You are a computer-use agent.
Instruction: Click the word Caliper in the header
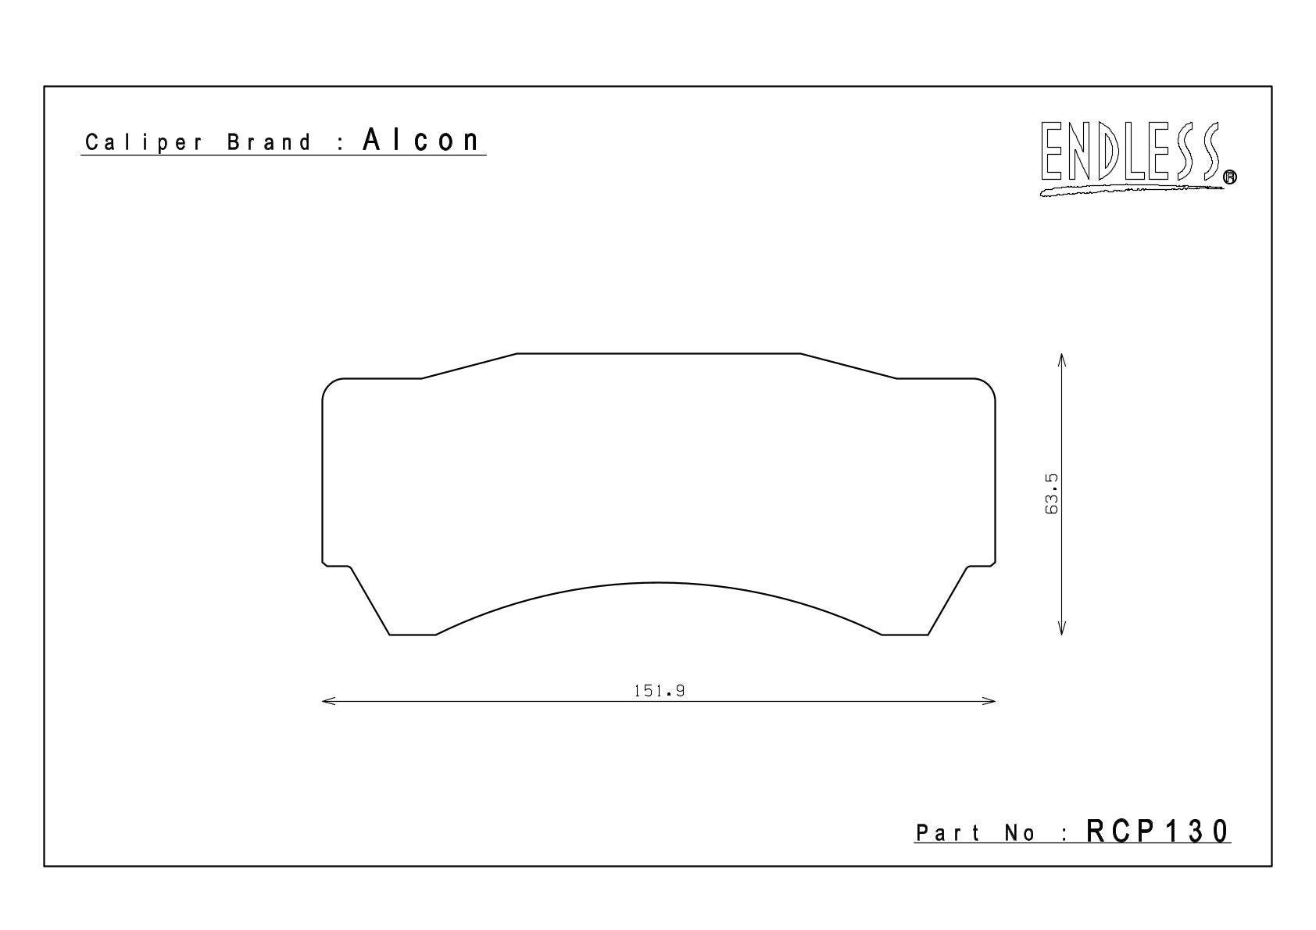click(x=144, y=143)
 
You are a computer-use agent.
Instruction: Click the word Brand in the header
click(x=269, y=142)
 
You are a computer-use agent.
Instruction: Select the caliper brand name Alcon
click(x=421, y=140)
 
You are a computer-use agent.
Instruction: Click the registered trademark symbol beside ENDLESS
click(x=1229, y=177)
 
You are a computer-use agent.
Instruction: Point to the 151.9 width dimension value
click(x=660, y=691)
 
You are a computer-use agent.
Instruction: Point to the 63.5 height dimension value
click(x=1051, y=494)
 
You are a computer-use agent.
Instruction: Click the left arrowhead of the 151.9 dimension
click(x=327, y=701)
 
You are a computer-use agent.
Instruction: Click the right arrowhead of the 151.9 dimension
click(x=989, y=701)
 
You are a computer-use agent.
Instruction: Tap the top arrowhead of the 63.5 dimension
click(x=1061, y=359)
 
